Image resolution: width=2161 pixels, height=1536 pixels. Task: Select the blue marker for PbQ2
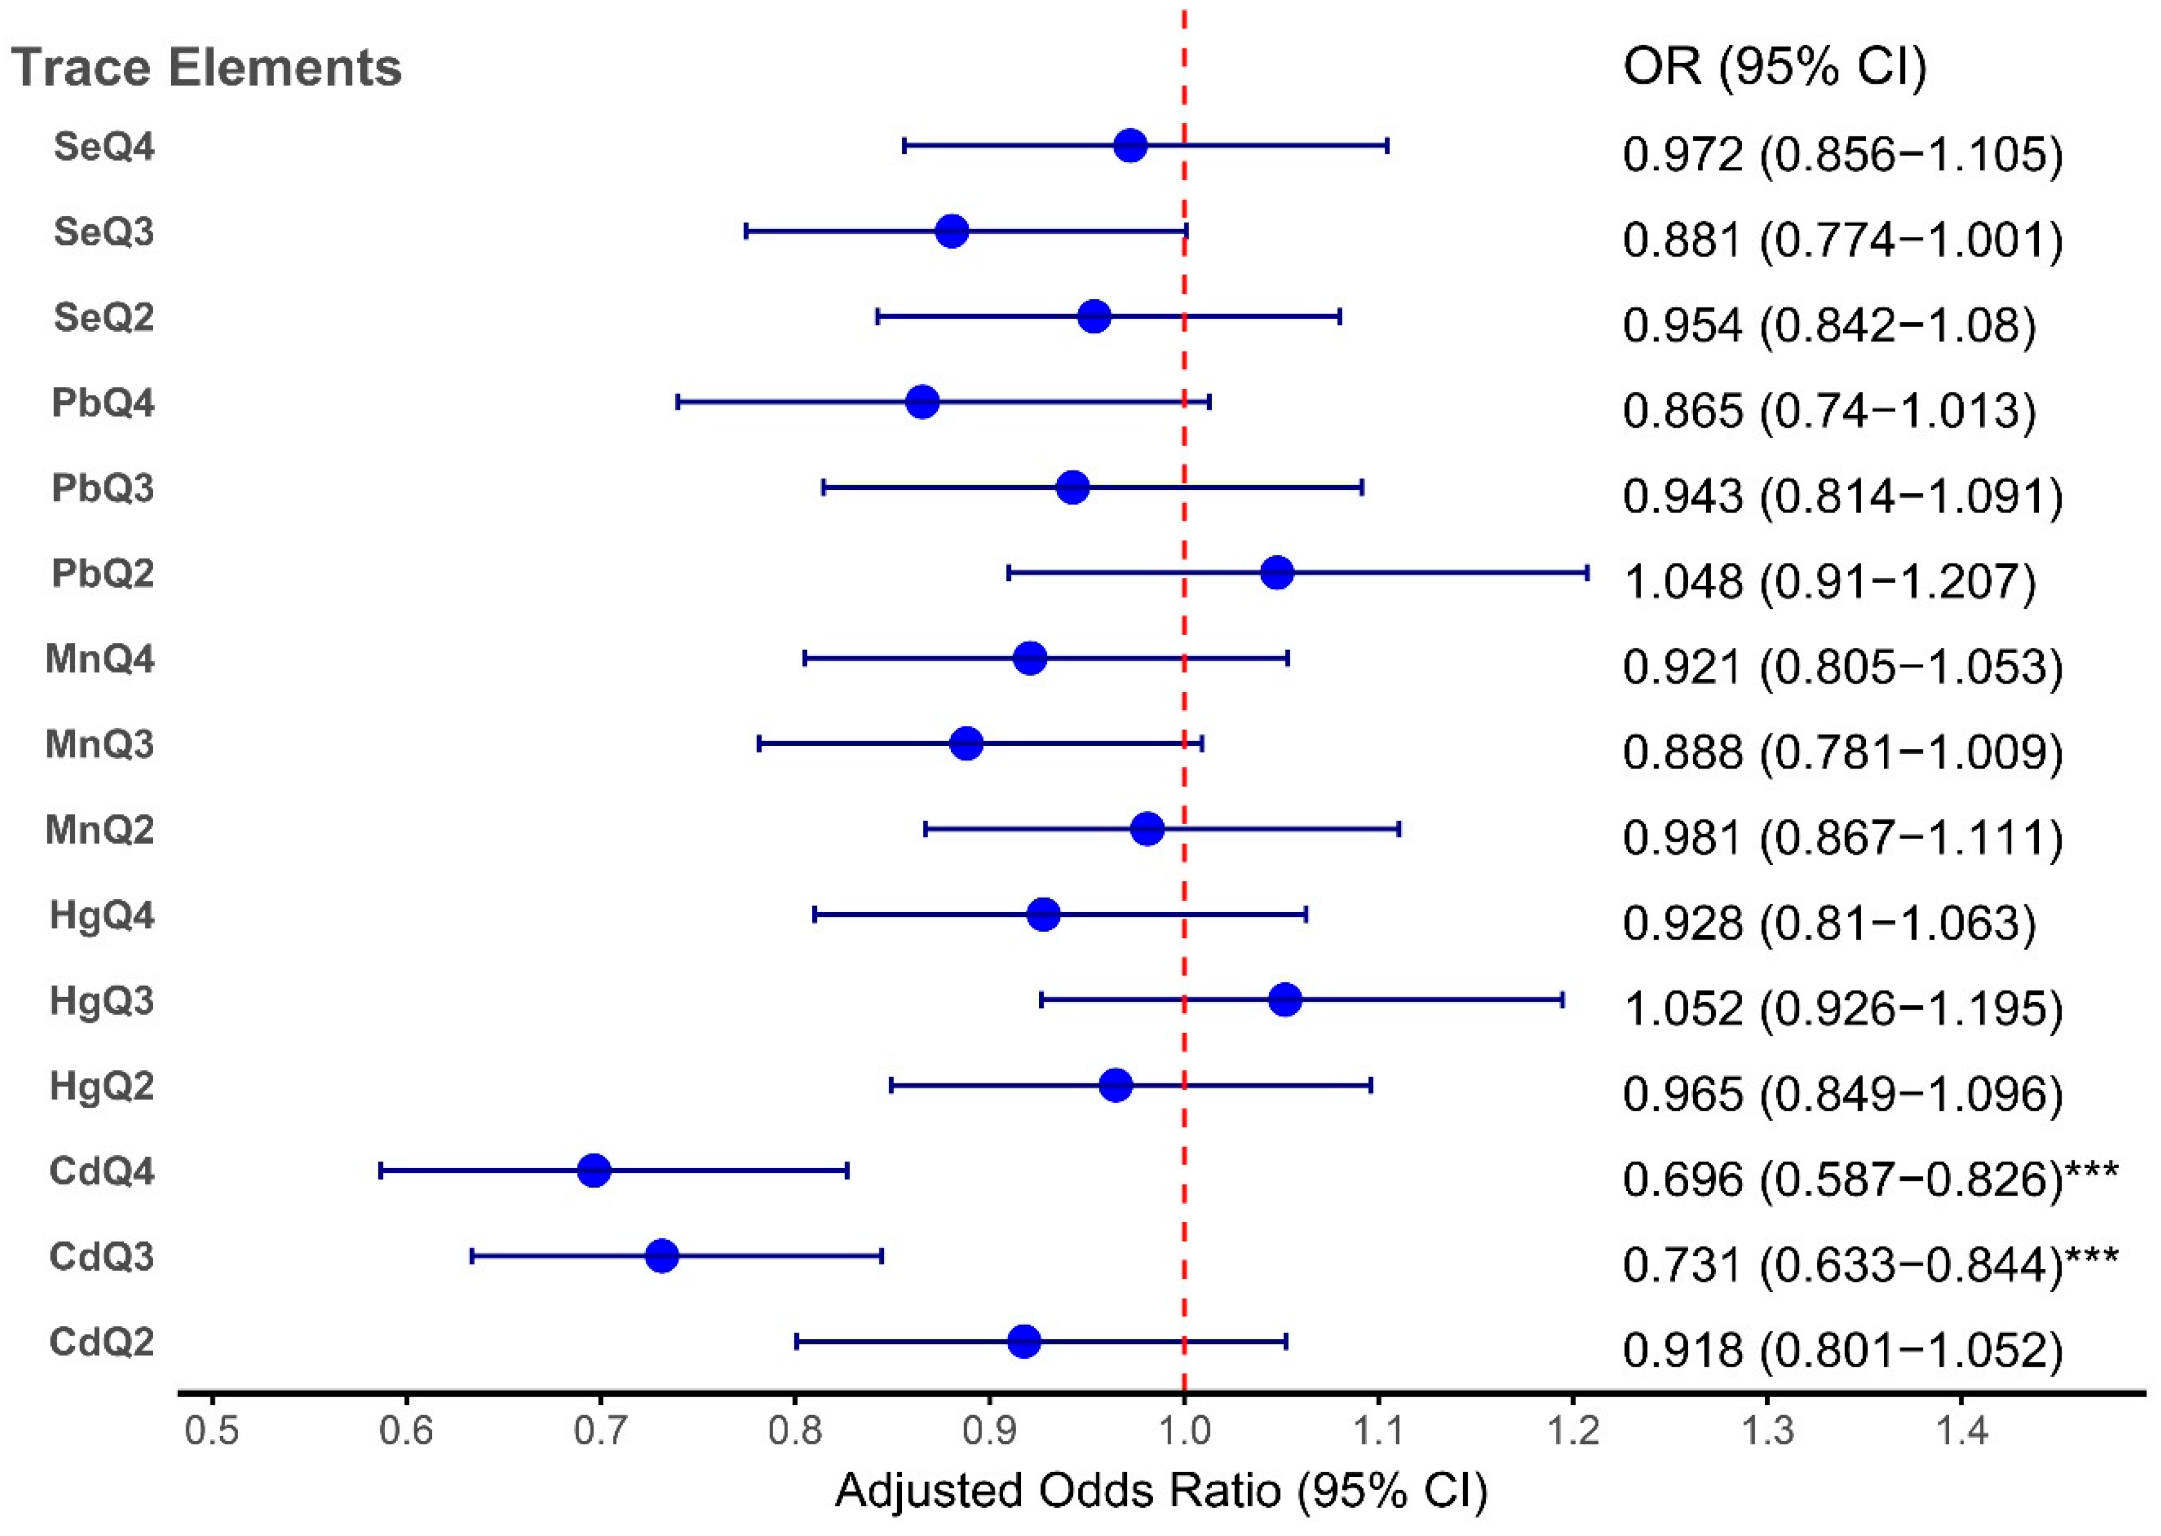pos(1276,572)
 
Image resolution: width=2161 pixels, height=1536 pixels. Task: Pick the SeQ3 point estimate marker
pos(951,231)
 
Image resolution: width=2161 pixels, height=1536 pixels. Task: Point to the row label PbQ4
pos(102,403)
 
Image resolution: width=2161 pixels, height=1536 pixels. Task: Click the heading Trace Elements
pos(206,68)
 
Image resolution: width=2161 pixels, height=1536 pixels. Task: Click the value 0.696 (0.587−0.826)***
pos(1870,1178)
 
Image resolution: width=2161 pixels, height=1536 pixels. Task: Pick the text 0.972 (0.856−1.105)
pos(1841,153)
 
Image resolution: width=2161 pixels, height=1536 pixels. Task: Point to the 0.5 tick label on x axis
pos(211,1430)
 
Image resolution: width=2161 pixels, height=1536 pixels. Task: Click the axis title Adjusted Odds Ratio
pos(1161,1491)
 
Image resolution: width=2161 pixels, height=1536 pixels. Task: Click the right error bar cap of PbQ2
pos(1586,572)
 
